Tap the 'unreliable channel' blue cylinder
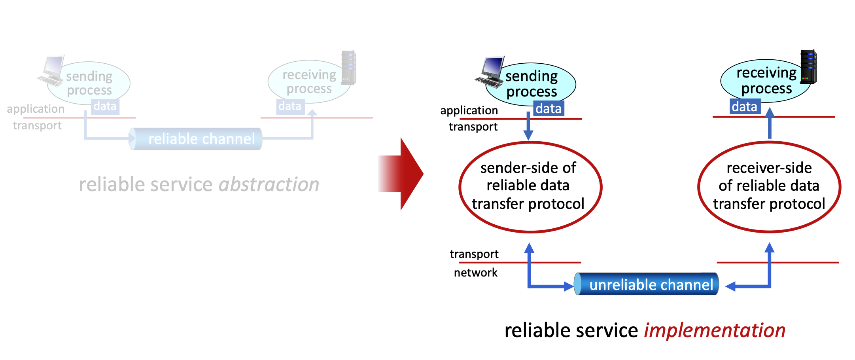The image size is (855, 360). click(x=647, y=284)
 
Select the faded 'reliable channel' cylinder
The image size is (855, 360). click(x=196, y=139)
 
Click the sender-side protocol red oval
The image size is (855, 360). click(x=530, y=187)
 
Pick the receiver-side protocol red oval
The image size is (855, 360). click(x=769, y=187)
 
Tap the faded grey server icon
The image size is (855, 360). click(x=349, y=67)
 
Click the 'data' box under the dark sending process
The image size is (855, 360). click(x=549, y=108)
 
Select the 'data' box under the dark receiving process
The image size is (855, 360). click(x=745, y=106)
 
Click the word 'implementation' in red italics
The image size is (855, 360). click(x=714, y=330)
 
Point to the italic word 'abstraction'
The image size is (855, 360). click(x=269, y=184)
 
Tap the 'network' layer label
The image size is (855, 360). click(x=475, y=273)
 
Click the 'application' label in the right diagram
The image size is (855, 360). click(x=469, y=110)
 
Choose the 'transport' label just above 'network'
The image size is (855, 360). click(x=474, y=254)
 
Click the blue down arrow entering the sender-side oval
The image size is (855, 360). click(x=528, y=127)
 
